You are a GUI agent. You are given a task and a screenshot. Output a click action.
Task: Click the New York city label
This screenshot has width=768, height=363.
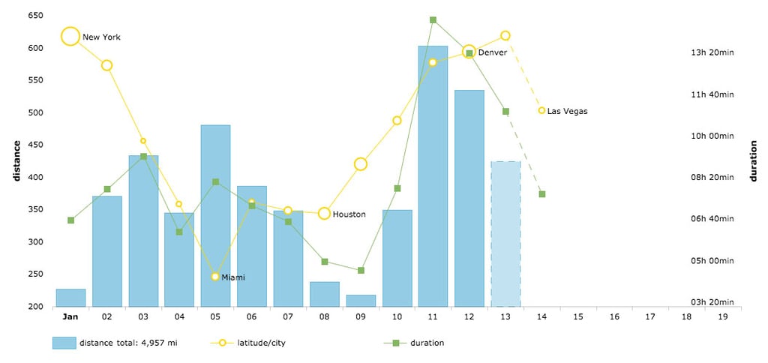pyautogui.click(x=101, y=37)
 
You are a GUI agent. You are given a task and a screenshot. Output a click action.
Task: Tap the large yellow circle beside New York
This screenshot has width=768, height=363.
pyautogui.click(x=70, y=36)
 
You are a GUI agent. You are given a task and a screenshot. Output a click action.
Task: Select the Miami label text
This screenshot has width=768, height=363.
pyautogui.click(x=233, y=277)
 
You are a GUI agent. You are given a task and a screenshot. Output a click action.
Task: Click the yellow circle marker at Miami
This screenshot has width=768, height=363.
pyautogui.click(x=215, y=277)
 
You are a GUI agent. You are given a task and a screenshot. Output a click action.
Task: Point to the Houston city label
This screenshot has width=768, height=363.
pyautogui.click(x=349, y=214)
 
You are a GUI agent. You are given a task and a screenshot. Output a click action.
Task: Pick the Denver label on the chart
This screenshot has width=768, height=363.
pyautogui.click(x=492, y=52)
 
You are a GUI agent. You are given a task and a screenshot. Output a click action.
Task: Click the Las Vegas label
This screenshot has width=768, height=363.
pyautogui.click(x=567, y=111)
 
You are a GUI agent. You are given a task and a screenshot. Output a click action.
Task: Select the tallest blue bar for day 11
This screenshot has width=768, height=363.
pyautogui.click(x=433, y=176)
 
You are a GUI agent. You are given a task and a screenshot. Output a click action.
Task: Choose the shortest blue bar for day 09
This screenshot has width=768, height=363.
pyautogui.click(x=361, y=301)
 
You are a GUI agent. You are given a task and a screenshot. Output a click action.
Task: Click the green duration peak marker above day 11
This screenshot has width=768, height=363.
pyautogui.click(x=433, y=20)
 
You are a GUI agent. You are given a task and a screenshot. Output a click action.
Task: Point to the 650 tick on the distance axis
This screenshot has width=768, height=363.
pyautogui.click(x=34, y=16)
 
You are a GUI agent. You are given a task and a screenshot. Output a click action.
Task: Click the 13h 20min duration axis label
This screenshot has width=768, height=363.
pyautogui.click(x=712, y=52)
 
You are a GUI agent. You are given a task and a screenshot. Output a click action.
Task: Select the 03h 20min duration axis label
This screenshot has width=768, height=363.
pyautogui.click(x=712, y=302)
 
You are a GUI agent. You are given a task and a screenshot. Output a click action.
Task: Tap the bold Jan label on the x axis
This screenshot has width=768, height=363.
pyautogui.click(x=70, y=317)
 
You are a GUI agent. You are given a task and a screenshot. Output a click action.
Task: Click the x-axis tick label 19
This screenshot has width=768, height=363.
pyautogui.click(x=722, y=317)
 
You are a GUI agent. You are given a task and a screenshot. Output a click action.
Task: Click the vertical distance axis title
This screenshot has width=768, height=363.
pyautogui.click(x=16, y=161)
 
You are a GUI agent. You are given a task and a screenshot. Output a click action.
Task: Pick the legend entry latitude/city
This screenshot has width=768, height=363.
pyautogui.click(x=262, y=343)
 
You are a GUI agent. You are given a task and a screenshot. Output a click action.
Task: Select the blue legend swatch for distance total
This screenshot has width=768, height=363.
pyautogui.click(x=64, y=343)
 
